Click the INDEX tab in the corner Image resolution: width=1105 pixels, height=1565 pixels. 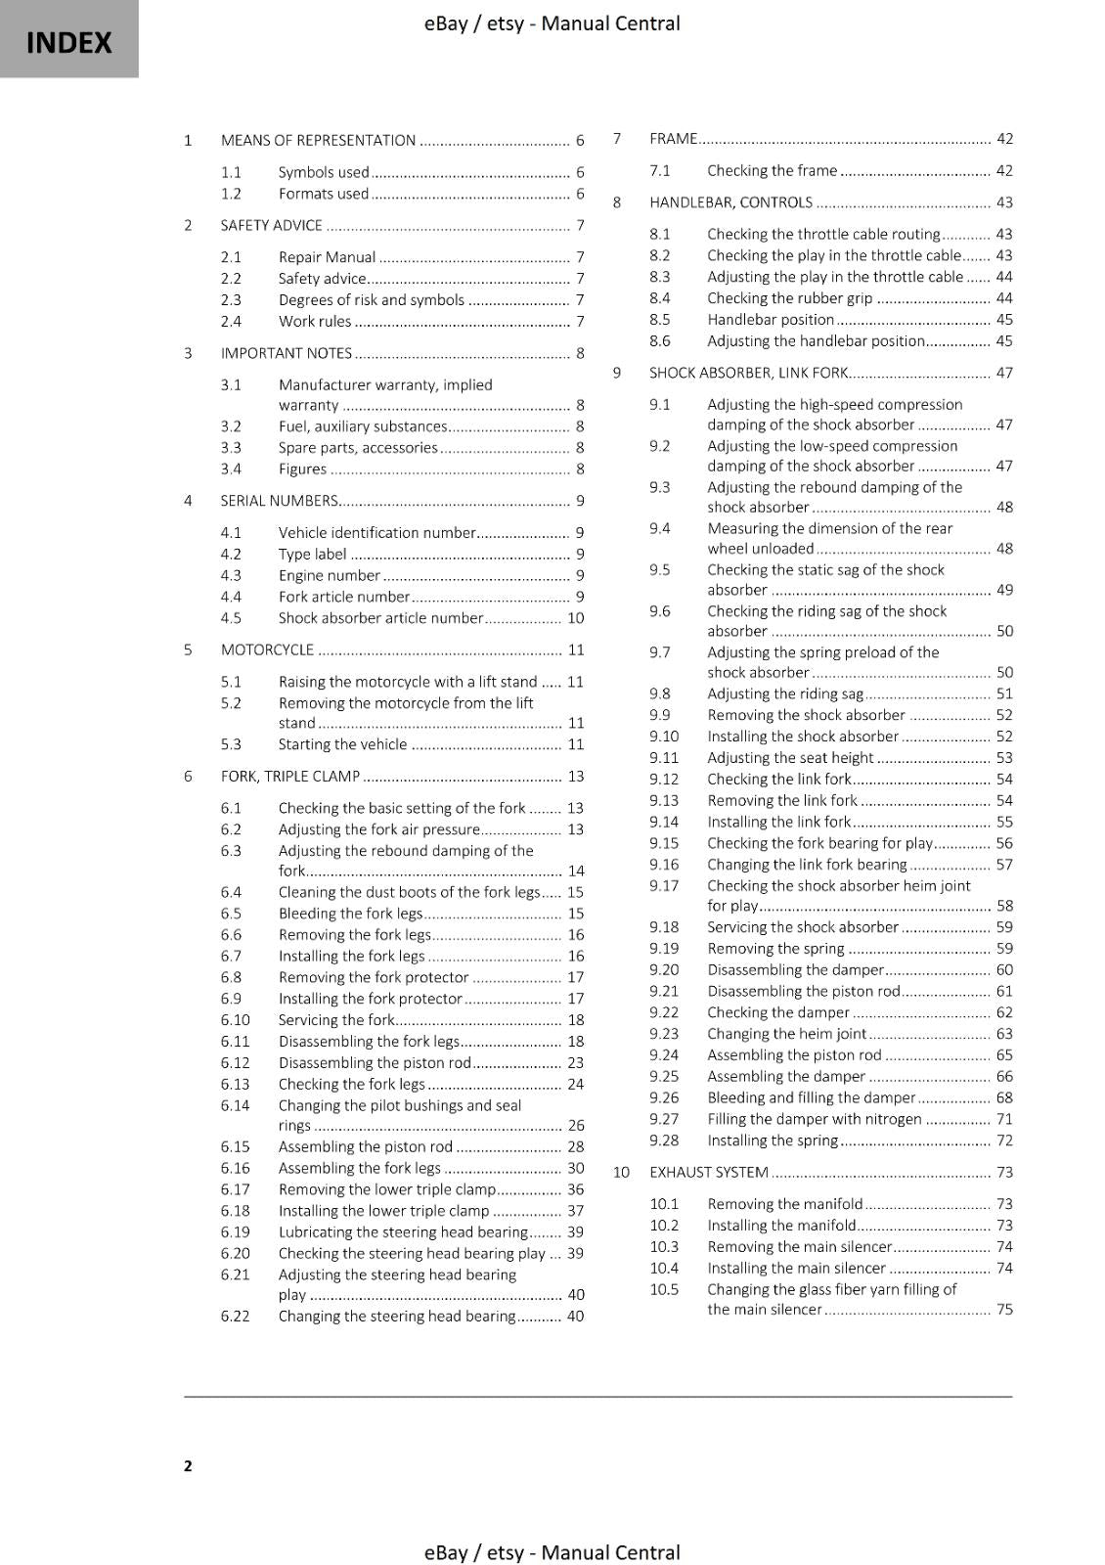68,41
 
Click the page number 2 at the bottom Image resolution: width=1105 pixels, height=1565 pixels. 188,1465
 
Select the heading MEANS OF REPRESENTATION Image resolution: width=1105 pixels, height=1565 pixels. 318,141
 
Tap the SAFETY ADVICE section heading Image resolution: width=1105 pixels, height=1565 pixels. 271,226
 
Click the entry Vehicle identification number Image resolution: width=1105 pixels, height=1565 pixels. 376,533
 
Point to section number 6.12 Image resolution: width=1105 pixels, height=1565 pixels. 236,1063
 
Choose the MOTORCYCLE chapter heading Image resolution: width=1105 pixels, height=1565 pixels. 267,650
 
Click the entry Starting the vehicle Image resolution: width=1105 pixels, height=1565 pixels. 342,744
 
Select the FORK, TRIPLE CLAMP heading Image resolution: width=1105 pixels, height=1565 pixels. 290,777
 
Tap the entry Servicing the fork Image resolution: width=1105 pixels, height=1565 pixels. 336,1020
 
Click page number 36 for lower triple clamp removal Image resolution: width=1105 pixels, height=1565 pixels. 575,1190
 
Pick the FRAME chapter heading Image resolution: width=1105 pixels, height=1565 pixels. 673,139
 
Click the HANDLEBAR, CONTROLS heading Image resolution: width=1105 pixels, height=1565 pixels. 730,203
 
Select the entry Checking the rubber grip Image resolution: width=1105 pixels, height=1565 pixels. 789,298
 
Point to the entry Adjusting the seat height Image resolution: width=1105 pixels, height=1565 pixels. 790,758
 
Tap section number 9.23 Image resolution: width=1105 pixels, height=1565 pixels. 664,1034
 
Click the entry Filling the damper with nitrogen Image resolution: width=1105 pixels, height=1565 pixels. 814,1119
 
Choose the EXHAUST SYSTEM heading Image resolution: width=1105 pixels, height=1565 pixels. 709,1173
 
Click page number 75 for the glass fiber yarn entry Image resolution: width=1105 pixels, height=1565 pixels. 1004,1310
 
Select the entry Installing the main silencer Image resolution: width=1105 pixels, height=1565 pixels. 796,1269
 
